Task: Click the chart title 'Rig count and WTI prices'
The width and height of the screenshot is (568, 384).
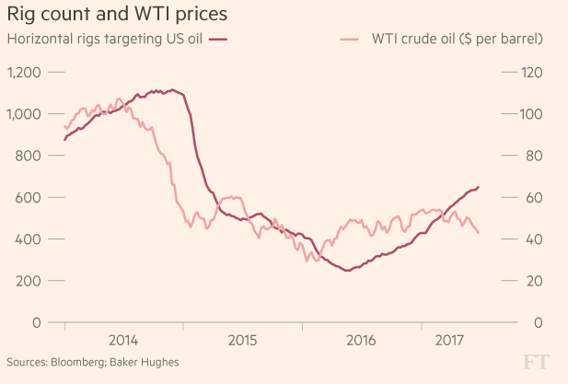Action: point(118,15)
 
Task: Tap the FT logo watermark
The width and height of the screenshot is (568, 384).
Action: point(539,361)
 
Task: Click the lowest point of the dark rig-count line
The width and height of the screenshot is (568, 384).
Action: point(347,270)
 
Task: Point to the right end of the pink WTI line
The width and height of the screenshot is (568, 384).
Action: point(478,232)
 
